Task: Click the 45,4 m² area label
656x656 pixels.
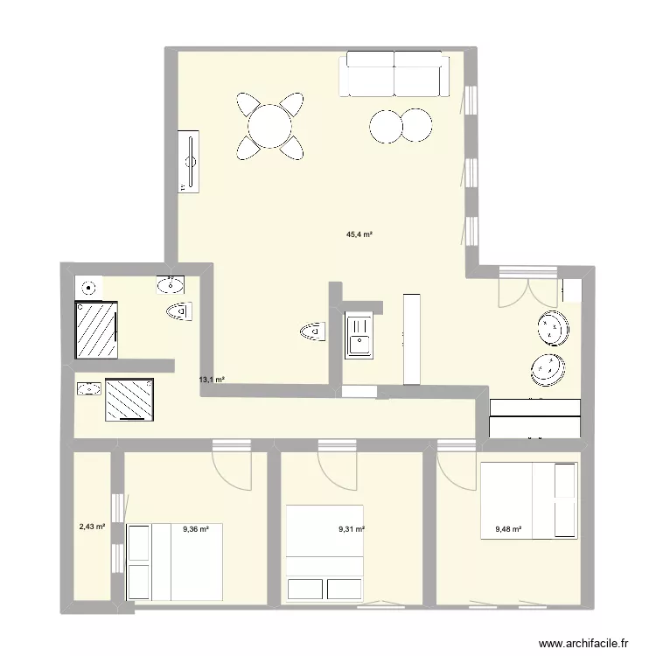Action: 359,234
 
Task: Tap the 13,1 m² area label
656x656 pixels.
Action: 213,380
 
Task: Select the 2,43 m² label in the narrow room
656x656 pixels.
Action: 92,527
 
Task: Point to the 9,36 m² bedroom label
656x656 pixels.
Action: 196,527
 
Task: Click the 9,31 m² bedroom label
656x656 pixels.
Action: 352,529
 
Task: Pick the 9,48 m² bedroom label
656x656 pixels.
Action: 508,528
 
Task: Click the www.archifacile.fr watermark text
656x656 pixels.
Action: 584,643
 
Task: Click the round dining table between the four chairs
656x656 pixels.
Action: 270,126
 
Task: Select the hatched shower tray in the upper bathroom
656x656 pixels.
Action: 95,329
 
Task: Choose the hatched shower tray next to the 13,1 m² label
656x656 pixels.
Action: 129,400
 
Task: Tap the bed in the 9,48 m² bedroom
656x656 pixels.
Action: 528,499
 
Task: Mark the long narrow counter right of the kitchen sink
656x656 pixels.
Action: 412,338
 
